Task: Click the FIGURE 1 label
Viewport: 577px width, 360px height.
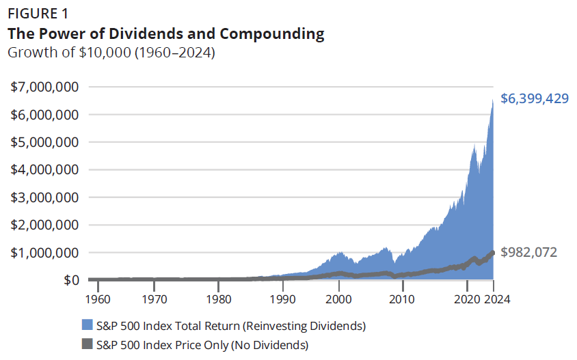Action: pyautogui.click(x=38, y=14)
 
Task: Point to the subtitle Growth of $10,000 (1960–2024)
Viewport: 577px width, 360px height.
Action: pyautogui.click(x=111, y=52)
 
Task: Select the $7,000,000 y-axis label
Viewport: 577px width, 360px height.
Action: pyautogui.click(x=44, y=87)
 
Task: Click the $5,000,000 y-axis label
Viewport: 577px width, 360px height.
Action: pyautogui.click(x=44, y=142)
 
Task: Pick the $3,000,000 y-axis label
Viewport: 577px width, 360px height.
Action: pyautogui.click(x=44, y=197)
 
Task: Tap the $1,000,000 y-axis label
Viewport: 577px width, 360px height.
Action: pyautogui.click(x=44, y=252)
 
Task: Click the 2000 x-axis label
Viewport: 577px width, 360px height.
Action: pyautogui.click(x=340, y=299)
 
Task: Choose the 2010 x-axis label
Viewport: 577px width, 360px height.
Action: pyautogui.click(x=402, y=299)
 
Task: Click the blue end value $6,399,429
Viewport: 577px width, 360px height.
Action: pyautogui.click(x=535, y=99)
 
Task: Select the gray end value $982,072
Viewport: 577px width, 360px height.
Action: pyautogui.click(x=529, y=252)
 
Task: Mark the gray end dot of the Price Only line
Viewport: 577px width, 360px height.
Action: pyautogui.click(x=492, y=253)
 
